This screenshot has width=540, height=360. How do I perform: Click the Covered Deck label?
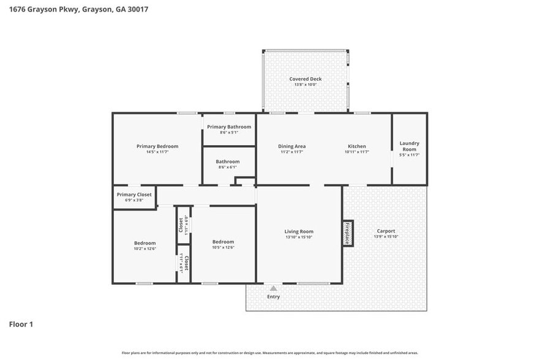pos(306,79)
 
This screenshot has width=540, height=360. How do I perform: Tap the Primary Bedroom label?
pos(157,146)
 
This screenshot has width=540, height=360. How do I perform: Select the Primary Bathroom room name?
pos(229,127)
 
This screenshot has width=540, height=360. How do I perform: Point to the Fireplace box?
pos(347,233)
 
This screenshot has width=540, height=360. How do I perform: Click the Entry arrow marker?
pos(274,288)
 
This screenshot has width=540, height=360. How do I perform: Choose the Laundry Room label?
pos(409,146)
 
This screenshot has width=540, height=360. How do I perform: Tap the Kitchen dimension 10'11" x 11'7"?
pos(357,152)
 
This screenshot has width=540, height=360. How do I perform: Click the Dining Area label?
pos(292,146)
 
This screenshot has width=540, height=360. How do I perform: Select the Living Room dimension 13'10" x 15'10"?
pos(299,237)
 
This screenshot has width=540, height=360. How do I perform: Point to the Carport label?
pos(386,231)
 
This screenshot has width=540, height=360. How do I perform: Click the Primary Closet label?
pos(133,195)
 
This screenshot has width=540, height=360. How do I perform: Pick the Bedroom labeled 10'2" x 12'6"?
pos(145,243)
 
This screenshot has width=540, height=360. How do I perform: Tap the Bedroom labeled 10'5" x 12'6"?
pos(223,242)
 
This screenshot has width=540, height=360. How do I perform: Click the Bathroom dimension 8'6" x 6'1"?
pos(228,167)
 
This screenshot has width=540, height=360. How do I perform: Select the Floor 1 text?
pos(21,324)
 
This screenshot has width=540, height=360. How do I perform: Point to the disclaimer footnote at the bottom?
pos(270,353)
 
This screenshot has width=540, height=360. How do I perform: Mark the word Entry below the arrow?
pos(274,297)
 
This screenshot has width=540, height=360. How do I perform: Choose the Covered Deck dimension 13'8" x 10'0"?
pos(306,84)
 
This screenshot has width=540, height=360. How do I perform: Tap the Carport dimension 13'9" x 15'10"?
pos(386,237)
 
